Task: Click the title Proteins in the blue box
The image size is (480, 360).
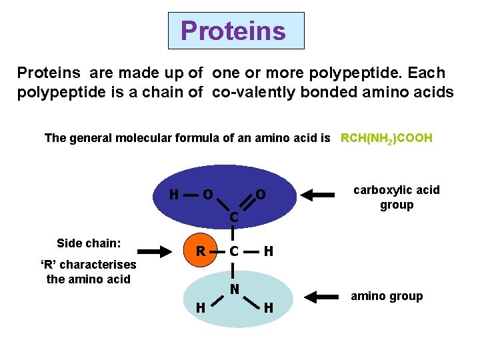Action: [x=233, y=31]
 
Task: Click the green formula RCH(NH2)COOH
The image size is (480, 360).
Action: [x=387, y=139]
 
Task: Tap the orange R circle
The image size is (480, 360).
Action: [x=199, y=251]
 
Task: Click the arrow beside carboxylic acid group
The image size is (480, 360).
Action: [x=319, y=195]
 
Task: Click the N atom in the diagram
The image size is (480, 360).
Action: [x=235, y=289]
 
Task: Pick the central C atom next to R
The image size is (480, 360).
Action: [x=233, y=252]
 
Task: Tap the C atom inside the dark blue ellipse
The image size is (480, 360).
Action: [x=233, y=217]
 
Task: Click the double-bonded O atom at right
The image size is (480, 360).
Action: [x=261, y=195]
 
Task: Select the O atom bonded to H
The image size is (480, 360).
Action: [x=208, y=195]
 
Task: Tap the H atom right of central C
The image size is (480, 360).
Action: [x=268, y=252]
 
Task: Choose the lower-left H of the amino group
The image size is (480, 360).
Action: [x=199, y=308]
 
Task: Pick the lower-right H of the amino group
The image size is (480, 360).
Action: [x=268, y=308]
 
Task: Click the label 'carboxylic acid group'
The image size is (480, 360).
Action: [x=397, y=197]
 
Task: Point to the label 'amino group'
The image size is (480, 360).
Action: [x=387, y=296]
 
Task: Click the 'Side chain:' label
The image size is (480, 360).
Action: [x=89, y=243]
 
